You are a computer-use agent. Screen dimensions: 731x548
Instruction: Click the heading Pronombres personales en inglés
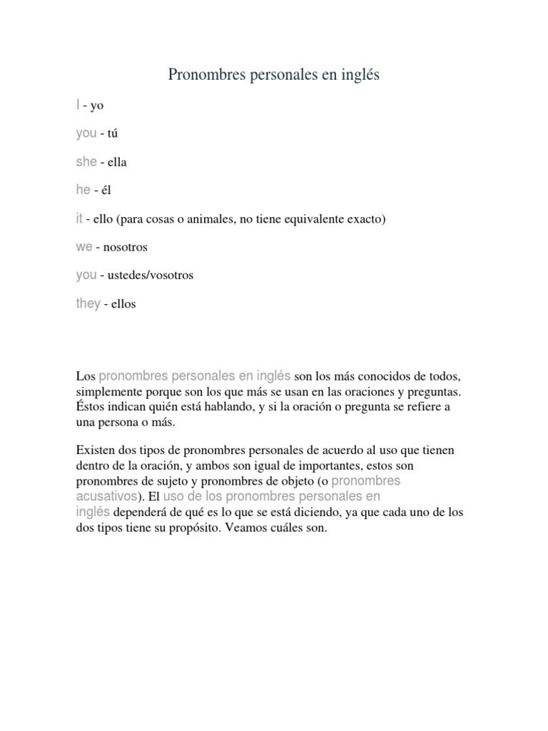pyautogui.click(x=274, y=74)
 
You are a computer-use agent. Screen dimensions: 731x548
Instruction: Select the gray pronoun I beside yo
pyautogui.click(x=78, y=105)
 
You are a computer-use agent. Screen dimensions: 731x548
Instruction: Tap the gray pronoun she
pyautogui.click(x=86, y=162)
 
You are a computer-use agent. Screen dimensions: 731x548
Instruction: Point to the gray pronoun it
pyautogui.click(x=79, y=218)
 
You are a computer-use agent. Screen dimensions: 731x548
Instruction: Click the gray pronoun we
pyautogui.click(x=84, y=247)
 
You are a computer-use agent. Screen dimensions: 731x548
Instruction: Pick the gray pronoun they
pyautogui.click(x=88, y=303)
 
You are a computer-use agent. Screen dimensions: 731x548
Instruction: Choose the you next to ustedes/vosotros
pyautogui.click(x=86, y=275)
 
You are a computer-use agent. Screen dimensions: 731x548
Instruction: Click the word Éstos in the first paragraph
pyautogui.click(x=91, y=408)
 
